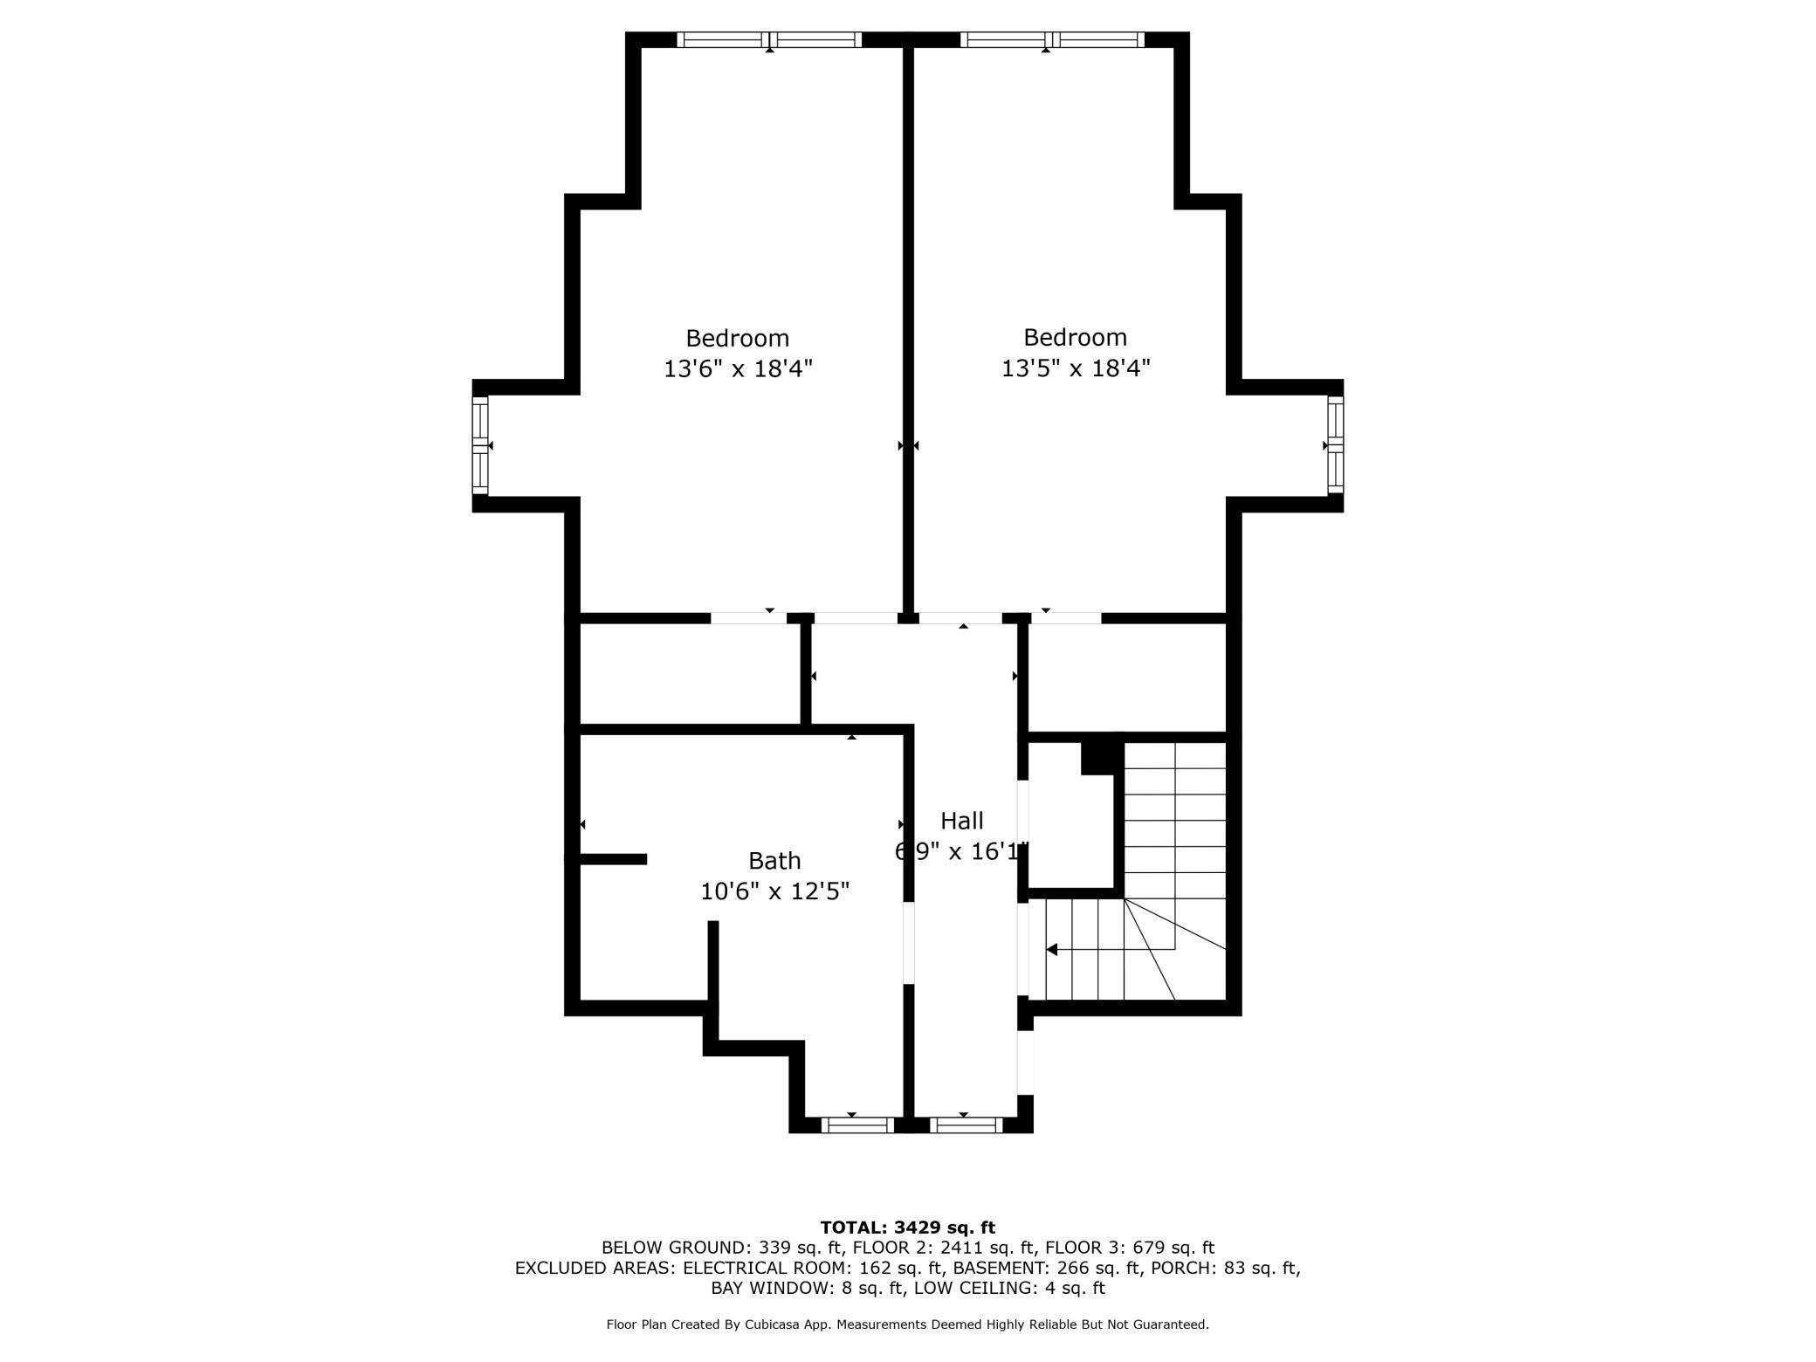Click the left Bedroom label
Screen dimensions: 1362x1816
click(x=737, y=338)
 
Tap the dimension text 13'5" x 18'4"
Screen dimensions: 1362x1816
click(x=1075, y=368)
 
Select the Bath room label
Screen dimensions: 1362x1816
click(x=774, y=861)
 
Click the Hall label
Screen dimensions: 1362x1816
click(x=961, y=821)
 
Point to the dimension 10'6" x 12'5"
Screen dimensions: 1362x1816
click(x=774, y=891)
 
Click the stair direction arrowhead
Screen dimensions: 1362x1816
click(x=1052, y=949)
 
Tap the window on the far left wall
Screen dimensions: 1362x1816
click(x=479, y=445)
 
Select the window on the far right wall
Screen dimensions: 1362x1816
click(x=1335, y=445)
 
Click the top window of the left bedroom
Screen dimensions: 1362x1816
click(x=769, y=39)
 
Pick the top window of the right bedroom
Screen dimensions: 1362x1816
click(x=1052, y=39)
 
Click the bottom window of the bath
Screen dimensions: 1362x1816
click(x=857, y=1125)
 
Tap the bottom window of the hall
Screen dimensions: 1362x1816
click(x=966, y=1125)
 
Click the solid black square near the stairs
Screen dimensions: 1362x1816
click(x=1101, y=757)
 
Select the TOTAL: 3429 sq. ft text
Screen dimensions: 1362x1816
click(x=907, y=1228)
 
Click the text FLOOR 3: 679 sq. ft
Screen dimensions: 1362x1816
click(x=1129, y=1248)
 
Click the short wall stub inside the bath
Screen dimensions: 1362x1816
click(x=614, y=859)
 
